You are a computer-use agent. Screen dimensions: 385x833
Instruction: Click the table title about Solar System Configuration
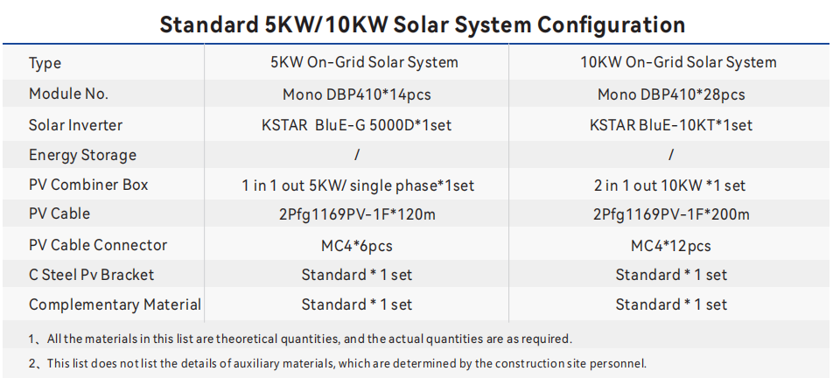pyautogui.click(x=422, y=24)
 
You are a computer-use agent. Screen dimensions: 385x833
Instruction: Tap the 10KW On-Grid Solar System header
pyautogui.click(x=671, y=63)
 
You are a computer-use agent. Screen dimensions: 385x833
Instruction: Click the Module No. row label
pyautogui.click(x=68, y=94)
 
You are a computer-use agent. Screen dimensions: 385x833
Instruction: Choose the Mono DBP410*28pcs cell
pyautogui.click(x=671, y=94)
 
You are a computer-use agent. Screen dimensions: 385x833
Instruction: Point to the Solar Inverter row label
pyautogui.click(x=75, y=125)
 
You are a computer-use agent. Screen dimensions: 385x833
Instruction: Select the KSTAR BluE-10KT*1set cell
pyautogui.click(x=671, y=125)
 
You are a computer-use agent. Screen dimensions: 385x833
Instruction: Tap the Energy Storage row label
pyautogui.click(x=82, y=156)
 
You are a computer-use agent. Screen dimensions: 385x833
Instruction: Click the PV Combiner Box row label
pyautogui.click(x=88, y=185)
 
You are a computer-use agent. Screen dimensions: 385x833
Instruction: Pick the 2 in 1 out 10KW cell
pyautogui.click(x=671, y=185)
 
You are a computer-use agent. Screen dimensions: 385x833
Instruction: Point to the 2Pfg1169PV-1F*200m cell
pyautogui.click(x=671, y=214)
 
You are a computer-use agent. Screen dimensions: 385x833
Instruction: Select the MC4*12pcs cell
pyautogui.click(x=671, y=246)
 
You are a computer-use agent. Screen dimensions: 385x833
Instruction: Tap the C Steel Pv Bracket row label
pyautogui.click(x=91, y=275)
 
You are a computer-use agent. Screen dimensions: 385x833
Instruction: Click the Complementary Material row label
pyautogui.click(x=115, y=305)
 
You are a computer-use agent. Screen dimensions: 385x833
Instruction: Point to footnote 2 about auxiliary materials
pyautogui.click(x=337, y=363)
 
